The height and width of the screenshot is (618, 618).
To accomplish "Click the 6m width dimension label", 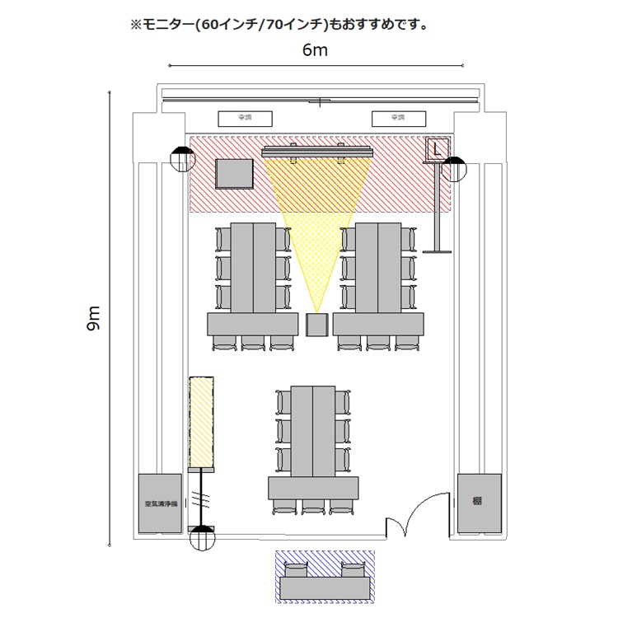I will (316, 50).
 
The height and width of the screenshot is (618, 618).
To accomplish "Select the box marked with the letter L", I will (437, 148).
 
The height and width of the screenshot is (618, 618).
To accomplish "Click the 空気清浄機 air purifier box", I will (159, 502).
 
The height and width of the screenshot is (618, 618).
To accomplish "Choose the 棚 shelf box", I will (479, 501).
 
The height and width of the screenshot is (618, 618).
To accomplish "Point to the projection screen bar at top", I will (317, 152).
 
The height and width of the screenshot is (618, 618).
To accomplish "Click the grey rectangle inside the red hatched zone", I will (234, 174).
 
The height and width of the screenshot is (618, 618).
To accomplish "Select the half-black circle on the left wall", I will (181, 157).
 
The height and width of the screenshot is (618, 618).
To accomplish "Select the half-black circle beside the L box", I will (453, 171).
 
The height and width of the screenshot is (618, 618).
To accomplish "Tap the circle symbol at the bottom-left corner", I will (202, 540).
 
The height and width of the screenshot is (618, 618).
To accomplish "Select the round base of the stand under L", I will (436, 250).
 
